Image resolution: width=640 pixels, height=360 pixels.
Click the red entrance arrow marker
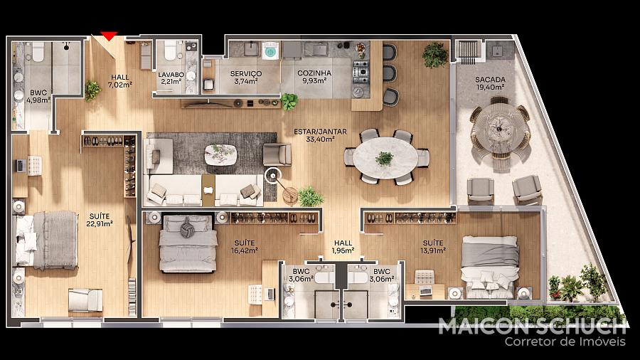[x=109, y=36]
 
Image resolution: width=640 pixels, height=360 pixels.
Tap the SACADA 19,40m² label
[x=490, y=83]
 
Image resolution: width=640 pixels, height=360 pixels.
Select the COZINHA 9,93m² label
[x=314, y=77]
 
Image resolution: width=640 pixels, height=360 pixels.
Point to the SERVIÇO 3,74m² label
[x=246, y=77]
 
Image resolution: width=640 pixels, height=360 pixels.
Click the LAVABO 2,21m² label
[x=171, y=78]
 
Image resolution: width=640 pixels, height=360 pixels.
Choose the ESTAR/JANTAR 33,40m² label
[x=321, y=135]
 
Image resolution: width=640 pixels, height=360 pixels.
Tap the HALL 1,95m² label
[x=343, y=247]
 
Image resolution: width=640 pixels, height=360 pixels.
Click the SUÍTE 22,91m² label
[x=100, y=220]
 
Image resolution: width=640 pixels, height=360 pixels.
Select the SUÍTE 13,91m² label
[x=433, y=247]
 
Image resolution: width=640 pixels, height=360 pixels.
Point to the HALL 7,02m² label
[x=119, y=81]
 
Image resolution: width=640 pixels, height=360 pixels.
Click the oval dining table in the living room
[x=385, y=157]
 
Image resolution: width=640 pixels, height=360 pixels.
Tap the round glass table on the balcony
[x=499, y=128]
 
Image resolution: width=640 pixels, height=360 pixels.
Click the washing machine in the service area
[x=270, y=51]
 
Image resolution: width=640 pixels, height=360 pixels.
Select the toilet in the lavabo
[x=170, y=51]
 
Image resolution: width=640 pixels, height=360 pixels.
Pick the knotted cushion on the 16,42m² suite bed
[x=187, y=227]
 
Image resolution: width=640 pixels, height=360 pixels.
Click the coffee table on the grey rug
[x=220, y=154]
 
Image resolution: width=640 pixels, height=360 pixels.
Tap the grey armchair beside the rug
[x=277, y=154]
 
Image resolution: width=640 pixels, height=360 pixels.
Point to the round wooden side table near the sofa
[x=290, y=195]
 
